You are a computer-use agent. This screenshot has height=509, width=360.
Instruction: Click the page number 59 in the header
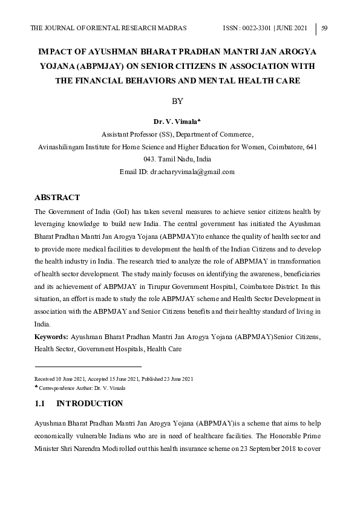coord(324,28)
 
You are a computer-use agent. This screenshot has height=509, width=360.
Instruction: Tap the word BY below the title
coord(177,101)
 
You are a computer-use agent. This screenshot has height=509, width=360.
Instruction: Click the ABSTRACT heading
coord(57,198)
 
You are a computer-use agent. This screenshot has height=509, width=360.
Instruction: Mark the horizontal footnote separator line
coord(88,366)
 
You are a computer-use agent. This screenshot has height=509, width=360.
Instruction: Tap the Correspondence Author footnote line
coord(82,387)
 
